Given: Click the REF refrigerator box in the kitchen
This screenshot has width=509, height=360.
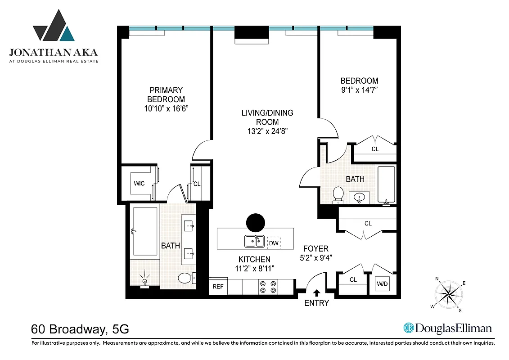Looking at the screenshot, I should click(x=218, y=286).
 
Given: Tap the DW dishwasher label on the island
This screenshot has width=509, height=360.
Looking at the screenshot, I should click(x=273, y=243).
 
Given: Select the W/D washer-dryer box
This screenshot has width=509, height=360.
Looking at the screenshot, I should click(x=382, y=284).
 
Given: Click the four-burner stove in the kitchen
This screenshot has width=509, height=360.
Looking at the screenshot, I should click(x=267, y=287).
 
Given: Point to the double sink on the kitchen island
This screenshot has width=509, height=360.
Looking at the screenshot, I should click(x=254, y=242).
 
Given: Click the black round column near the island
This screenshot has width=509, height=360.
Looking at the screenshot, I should click(x=256, y=222).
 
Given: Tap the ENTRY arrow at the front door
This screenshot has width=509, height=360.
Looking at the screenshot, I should click(x=316, y=293).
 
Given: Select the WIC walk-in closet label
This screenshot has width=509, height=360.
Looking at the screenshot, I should click(x=139, y=184).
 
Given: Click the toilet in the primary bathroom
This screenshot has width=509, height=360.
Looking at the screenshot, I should click(x=185, y=279).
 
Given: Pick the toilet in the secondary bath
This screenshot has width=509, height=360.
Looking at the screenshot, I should click(x=338, y=194).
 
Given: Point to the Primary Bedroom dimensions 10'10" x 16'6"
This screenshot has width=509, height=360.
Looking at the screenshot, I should click(x=166, y=108).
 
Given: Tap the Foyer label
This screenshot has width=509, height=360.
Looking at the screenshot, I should click(x=315, y=248).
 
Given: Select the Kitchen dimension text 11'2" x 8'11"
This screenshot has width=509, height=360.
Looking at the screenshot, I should click(x=254, y=268).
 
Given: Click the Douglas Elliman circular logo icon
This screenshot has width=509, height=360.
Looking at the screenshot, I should click(x=409, y=328).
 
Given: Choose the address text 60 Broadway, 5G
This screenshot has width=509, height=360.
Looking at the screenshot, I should click(x=80, y=329).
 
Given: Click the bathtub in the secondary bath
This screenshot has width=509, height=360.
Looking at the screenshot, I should click(x=386, y=185).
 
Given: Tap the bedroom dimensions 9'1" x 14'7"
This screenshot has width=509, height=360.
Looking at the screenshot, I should click(x=359, y=90).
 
